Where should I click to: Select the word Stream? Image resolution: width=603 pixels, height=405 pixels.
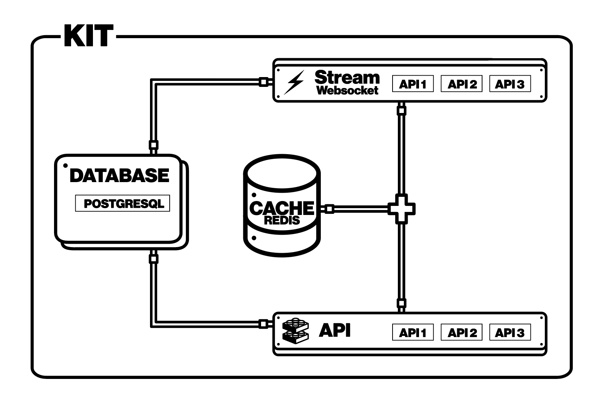click(347, 77)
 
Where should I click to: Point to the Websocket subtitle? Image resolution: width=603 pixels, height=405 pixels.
click(347, 90)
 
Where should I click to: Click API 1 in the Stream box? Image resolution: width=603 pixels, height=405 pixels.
click(413, 84)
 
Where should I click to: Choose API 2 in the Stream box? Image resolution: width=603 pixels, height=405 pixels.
click(461, 84)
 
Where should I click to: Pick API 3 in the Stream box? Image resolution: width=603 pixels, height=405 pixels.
click(510, 84)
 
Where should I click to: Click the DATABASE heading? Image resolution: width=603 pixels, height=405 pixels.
click(119, 176)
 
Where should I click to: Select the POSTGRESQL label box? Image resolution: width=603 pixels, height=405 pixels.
click(123, 204)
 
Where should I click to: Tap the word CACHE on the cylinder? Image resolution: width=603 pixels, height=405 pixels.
click(282, 207)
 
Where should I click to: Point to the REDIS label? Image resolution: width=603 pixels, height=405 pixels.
click(282, 220)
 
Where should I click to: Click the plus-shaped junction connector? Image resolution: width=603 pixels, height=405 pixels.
click(402, 209)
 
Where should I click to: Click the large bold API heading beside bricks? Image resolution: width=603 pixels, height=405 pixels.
click(335, 330)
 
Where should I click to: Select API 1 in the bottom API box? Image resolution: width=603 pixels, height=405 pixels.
click(413, 332)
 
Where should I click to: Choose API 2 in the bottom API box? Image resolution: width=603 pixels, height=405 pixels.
click(461, 332)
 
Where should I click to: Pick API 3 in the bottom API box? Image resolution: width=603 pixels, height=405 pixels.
click(510, 332)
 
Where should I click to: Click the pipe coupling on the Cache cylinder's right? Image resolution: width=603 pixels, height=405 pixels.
click(329, 209)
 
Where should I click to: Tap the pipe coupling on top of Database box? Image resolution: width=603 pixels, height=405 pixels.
click(153, 145)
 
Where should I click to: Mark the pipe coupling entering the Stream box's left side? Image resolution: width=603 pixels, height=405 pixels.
click(263, 82)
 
